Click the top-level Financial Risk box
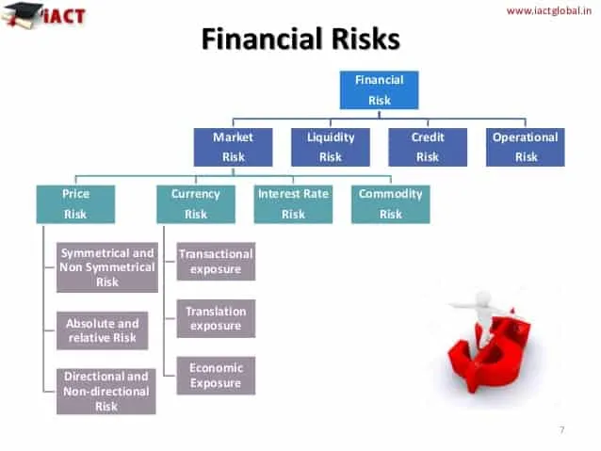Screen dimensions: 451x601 (379, 89)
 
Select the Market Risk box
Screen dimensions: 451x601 (233, 147)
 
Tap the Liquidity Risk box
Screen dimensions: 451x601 (330, 147)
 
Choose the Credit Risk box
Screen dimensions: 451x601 (428, 147)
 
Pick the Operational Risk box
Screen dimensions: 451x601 (526, 147)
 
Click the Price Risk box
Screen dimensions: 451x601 (75, 203)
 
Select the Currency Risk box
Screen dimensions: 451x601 (195, 203)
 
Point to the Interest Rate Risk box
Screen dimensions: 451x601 (293, 203)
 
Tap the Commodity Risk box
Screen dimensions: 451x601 (390, 203)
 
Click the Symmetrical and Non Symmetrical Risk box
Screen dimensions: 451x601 (106, 267)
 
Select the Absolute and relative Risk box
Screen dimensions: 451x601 (102, 330)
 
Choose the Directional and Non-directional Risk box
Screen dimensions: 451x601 (106, 391)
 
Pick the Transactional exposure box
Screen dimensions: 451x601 (216, 262)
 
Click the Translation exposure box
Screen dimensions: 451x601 (216, 318)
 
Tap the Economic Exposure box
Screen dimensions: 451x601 (216, 375)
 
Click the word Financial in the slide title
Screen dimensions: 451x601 (256, 39)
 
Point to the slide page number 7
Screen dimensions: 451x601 (562, 430)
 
